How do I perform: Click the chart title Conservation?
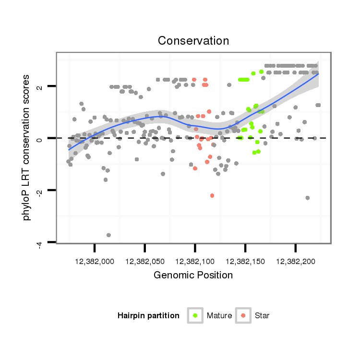click(x=193, y=41)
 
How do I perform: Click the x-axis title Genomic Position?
click(x=193, y=275)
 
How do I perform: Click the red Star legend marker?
click(x=243, y=315)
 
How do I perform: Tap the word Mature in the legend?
click(x=219, y=315)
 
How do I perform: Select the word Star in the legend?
click(x=262, y=315)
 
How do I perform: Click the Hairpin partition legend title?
click(x=148, y=315)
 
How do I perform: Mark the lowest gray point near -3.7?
click(x=108, y=235)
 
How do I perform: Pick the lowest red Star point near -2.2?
click(x=212, y=195)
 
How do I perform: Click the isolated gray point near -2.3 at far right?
click(x=307, y=198)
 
